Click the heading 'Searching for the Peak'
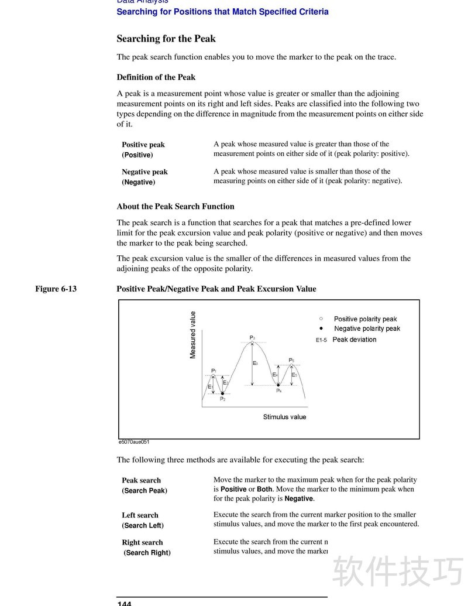coord(166,39)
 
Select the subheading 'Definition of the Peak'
coord(156,77)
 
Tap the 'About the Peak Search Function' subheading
coord(175,207)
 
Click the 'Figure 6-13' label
coord(56,289)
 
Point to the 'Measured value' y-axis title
coord(193,335)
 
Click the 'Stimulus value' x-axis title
coord(284,417)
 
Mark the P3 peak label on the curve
coord(252,338)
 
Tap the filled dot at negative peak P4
coord(278,385)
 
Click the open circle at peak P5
coord(291,365)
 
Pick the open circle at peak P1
coord(214,375)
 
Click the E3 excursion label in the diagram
coord(256,364)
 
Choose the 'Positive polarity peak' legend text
coord(365,319)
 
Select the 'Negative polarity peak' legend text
coord(367,329)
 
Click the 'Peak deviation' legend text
coord(355,340)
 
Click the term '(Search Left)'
coord(143,526)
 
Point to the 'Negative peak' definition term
coord(144,172)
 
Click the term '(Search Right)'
coord(147,553)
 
